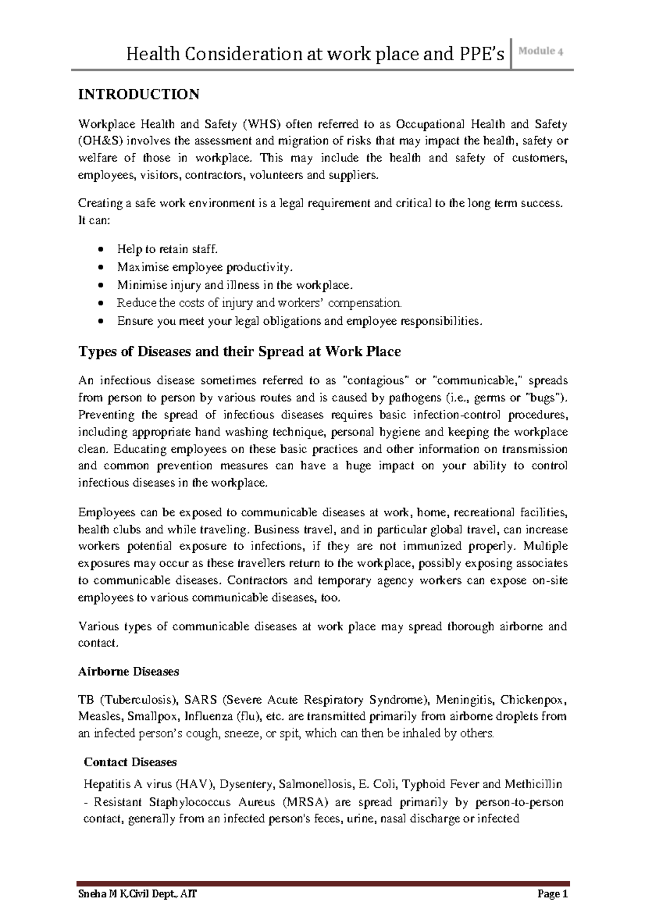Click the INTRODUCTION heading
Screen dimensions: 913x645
[x=139, y=95]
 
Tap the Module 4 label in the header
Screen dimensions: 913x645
[x=541, y=52]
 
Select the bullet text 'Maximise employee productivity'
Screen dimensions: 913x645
[x=205, y=267]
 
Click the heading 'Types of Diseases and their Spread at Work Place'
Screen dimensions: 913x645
[x=240, y=352]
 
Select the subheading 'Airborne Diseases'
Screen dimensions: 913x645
[x=128, y=672]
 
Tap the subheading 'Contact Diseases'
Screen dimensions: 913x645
[x=130, y=762]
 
